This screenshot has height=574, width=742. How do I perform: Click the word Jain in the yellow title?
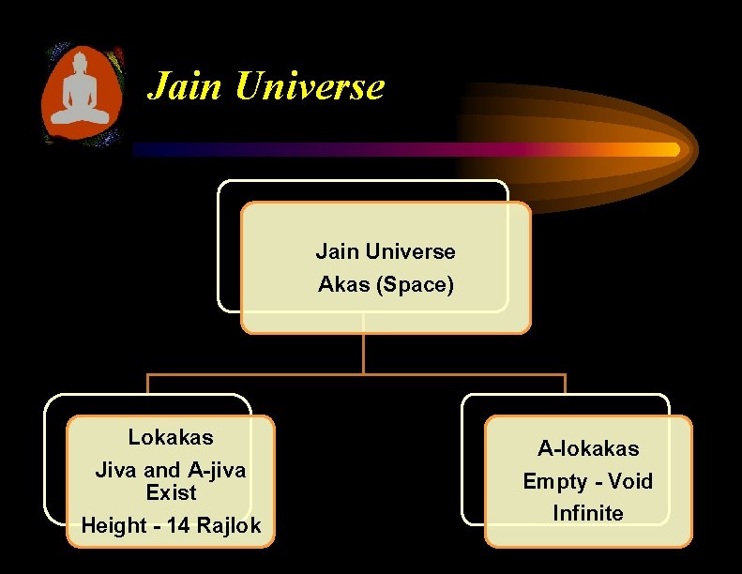185,86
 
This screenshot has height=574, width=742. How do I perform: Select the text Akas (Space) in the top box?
386,284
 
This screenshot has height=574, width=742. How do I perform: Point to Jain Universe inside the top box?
386,251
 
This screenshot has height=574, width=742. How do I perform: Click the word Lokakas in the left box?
171,437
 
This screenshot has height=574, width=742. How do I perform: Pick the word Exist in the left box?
171,492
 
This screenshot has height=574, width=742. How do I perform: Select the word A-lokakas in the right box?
588,448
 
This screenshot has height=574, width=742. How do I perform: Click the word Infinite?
588,513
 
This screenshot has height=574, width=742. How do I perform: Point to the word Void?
629,481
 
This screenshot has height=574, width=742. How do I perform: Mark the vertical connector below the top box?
363,353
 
